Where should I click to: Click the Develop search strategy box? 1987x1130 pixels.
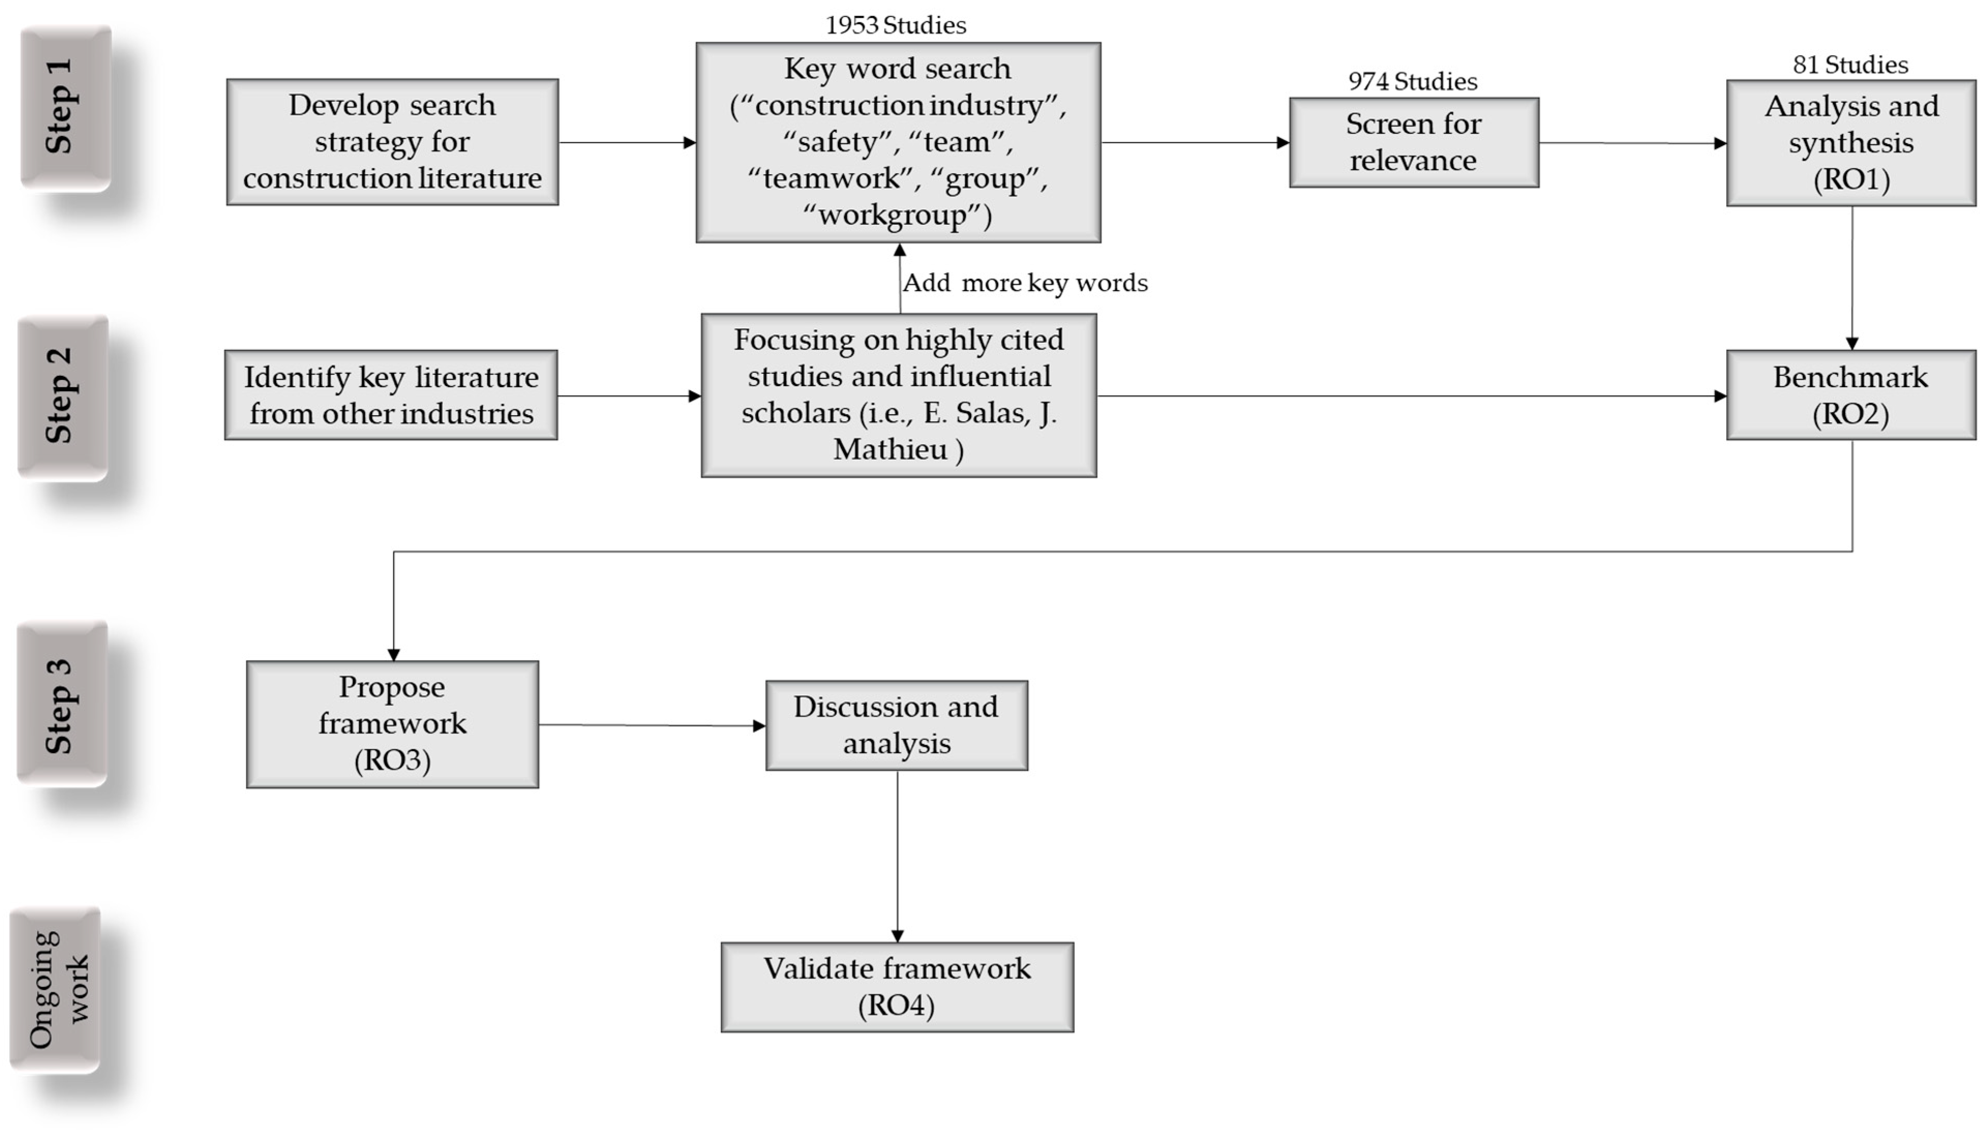click(392, 142)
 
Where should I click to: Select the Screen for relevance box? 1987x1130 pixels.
click(1413, 142)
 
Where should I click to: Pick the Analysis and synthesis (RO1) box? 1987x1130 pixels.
click(1850, 143)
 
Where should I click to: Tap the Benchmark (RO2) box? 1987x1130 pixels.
click(1850, 395)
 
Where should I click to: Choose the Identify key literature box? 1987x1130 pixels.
click(390, 395)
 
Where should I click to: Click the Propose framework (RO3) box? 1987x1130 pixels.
click(392, 724)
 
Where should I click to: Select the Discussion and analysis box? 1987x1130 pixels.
click(896, 725)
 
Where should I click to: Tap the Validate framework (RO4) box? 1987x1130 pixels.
click(897, 986)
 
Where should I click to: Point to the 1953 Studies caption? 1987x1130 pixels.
click(895, 26)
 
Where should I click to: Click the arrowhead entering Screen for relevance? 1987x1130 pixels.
click(1283, 143)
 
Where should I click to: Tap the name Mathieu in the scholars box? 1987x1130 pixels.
click(890, 449)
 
